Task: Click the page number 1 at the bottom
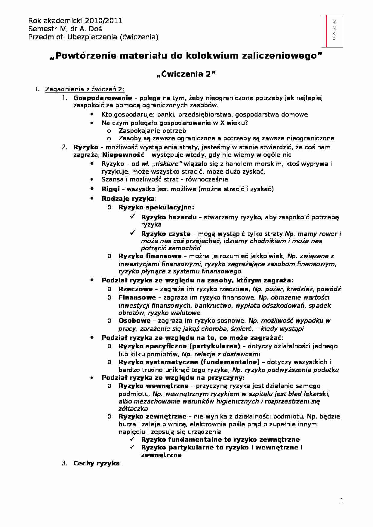pyautogui.click(x=341, y=501)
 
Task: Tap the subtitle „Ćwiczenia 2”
pyautogui.click(x=186, y=74)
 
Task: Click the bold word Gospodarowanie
pyautogui.click(x=103, y=98)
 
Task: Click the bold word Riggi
pyautogui.click(x=111, y=189)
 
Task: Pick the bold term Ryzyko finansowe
pyautogui.click(x=150, y=256)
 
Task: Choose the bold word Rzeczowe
pyautogui.click(x=136, y=289)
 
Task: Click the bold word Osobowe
pyautogui.click(x=134, y=321)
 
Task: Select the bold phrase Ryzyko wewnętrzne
pyautogui.click(x=153, y=386)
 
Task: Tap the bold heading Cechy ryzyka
pyautogui.click(x=96, y=463)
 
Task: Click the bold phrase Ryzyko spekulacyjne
pyautogui.click(x=156, y=207)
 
